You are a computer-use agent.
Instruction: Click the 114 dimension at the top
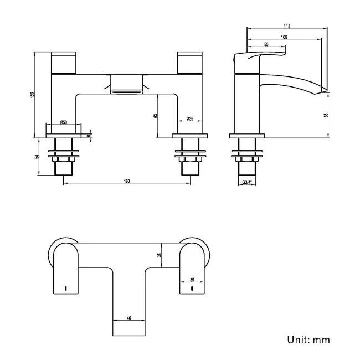[286, 26]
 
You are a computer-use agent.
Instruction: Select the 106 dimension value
[283, 37]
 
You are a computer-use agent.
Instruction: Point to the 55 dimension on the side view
[266, 44]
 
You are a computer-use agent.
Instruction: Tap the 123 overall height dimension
[34, 94]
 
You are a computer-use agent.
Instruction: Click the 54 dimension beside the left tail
[38, 156]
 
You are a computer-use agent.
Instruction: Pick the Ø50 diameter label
[64, 122]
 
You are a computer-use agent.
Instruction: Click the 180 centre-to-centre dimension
[127, 181]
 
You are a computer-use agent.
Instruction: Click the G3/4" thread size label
[246, 182]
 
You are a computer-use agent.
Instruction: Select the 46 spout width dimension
[129, 318]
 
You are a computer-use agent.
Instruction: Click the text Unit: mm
[308, 339]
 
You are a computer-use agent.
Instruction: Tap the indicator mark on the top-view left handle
[65, 289]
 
